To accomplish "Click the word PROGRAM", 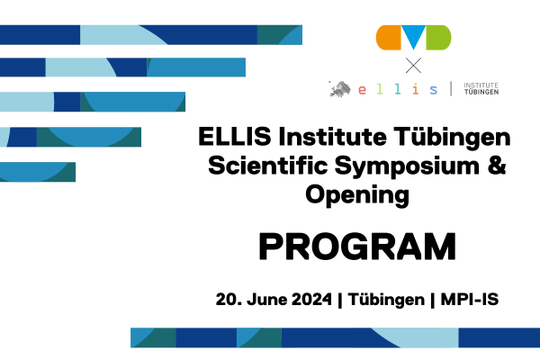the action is tap(357, 247).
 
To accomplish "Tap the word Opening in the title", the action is tap(357, 195).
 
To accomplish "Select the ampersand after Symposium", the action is tap(497, 165).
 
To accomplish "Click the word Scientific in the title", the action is tap(268, 165).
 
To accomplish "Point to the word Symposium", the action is tap(407, 166).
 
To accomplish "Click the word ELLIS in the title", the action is tap(235, 136).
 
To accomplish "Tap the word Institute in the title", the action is tap(332, 136).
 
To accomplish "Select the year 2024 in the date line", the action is tap(311, 299).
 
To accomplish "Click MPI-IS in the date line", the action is tap(470, 299).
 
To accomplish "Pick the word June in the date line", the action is tap(266, 299).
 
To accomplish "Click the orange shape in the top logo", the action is tap(389, 38).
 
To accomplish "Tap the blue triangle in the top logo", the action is tap(414, 37).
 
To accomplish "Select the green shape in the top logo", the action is tap(438, 38).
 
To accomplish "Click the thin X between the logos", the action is tap(413, 66).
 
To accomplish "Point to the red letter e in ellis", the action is tap(362, 90).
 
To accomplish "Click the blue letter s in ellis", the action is tap(434, 90).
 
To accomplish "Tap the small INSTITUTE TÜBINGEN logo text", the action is tap(481, 88).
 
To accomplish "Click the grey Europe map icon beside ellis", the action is tap(340, 89).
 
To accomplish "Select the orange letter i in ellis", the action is tap(416, 89).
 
